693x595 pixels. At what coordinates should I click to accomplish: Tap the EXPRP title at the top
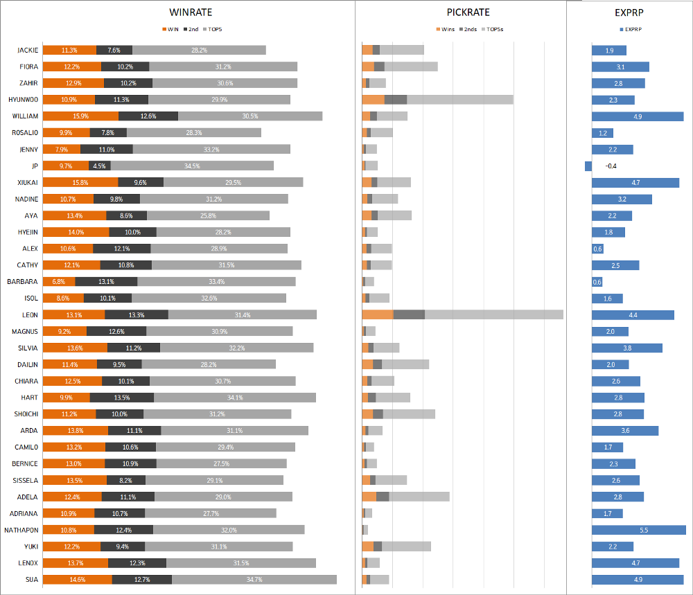pyautogui.click(x=629, y=12)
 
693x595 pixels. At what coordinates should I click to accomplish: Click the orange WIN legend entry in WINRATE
pyautogui.click(x=170, y=29)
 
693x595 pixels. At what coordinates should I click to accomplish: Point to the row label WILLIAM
pyautogui.click(x=26, y=116)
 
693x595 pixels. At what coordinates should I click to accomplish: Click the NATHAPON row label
pyautogui.click(x=24, y=530)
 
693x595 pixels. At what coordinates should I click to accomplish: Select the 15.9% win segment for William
pyautogui.click(x=80, y=116)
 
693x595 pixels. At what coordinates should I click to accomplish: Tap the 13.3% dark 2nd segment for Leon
pyautogui.click(x=137, y=314)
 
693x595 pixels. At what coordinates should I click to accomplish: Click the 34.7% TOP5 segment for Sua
pyautogui.click(x=254, y=580)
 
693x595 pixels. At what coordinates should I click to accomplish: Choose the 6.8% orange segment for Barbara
pyautogui.click(x=59, y=282)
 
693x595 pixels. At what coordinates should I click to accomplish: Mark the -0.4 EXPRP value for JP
pyautogui.click(x=611, y=166)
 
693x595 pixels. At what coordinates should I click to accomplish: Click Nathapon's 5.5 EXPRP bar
pyautogui.click(x=638, y=530)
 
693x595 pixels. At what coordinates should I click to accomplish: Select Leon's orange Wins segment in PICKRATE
pyautogui.click(x=378, y=314)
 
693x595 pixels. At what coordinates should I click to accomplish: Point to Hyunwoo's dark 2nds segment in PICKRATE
pyautogui.click(x=396, y=100)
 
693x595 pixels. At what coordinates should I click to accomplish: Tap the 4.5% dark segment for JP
pyautogui.click(x=99, y=166)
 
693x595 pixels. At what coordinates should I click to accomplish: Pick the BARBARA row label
pyautogui.click(x=24, y=282)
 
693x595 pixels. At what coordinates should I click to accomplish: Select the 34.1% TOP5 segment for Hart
pyautogui.click(x=235, y=398)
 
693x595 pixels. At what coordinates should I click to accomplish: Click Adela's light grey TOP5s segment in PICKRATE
pyautogui.click(x=419, y=497)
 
